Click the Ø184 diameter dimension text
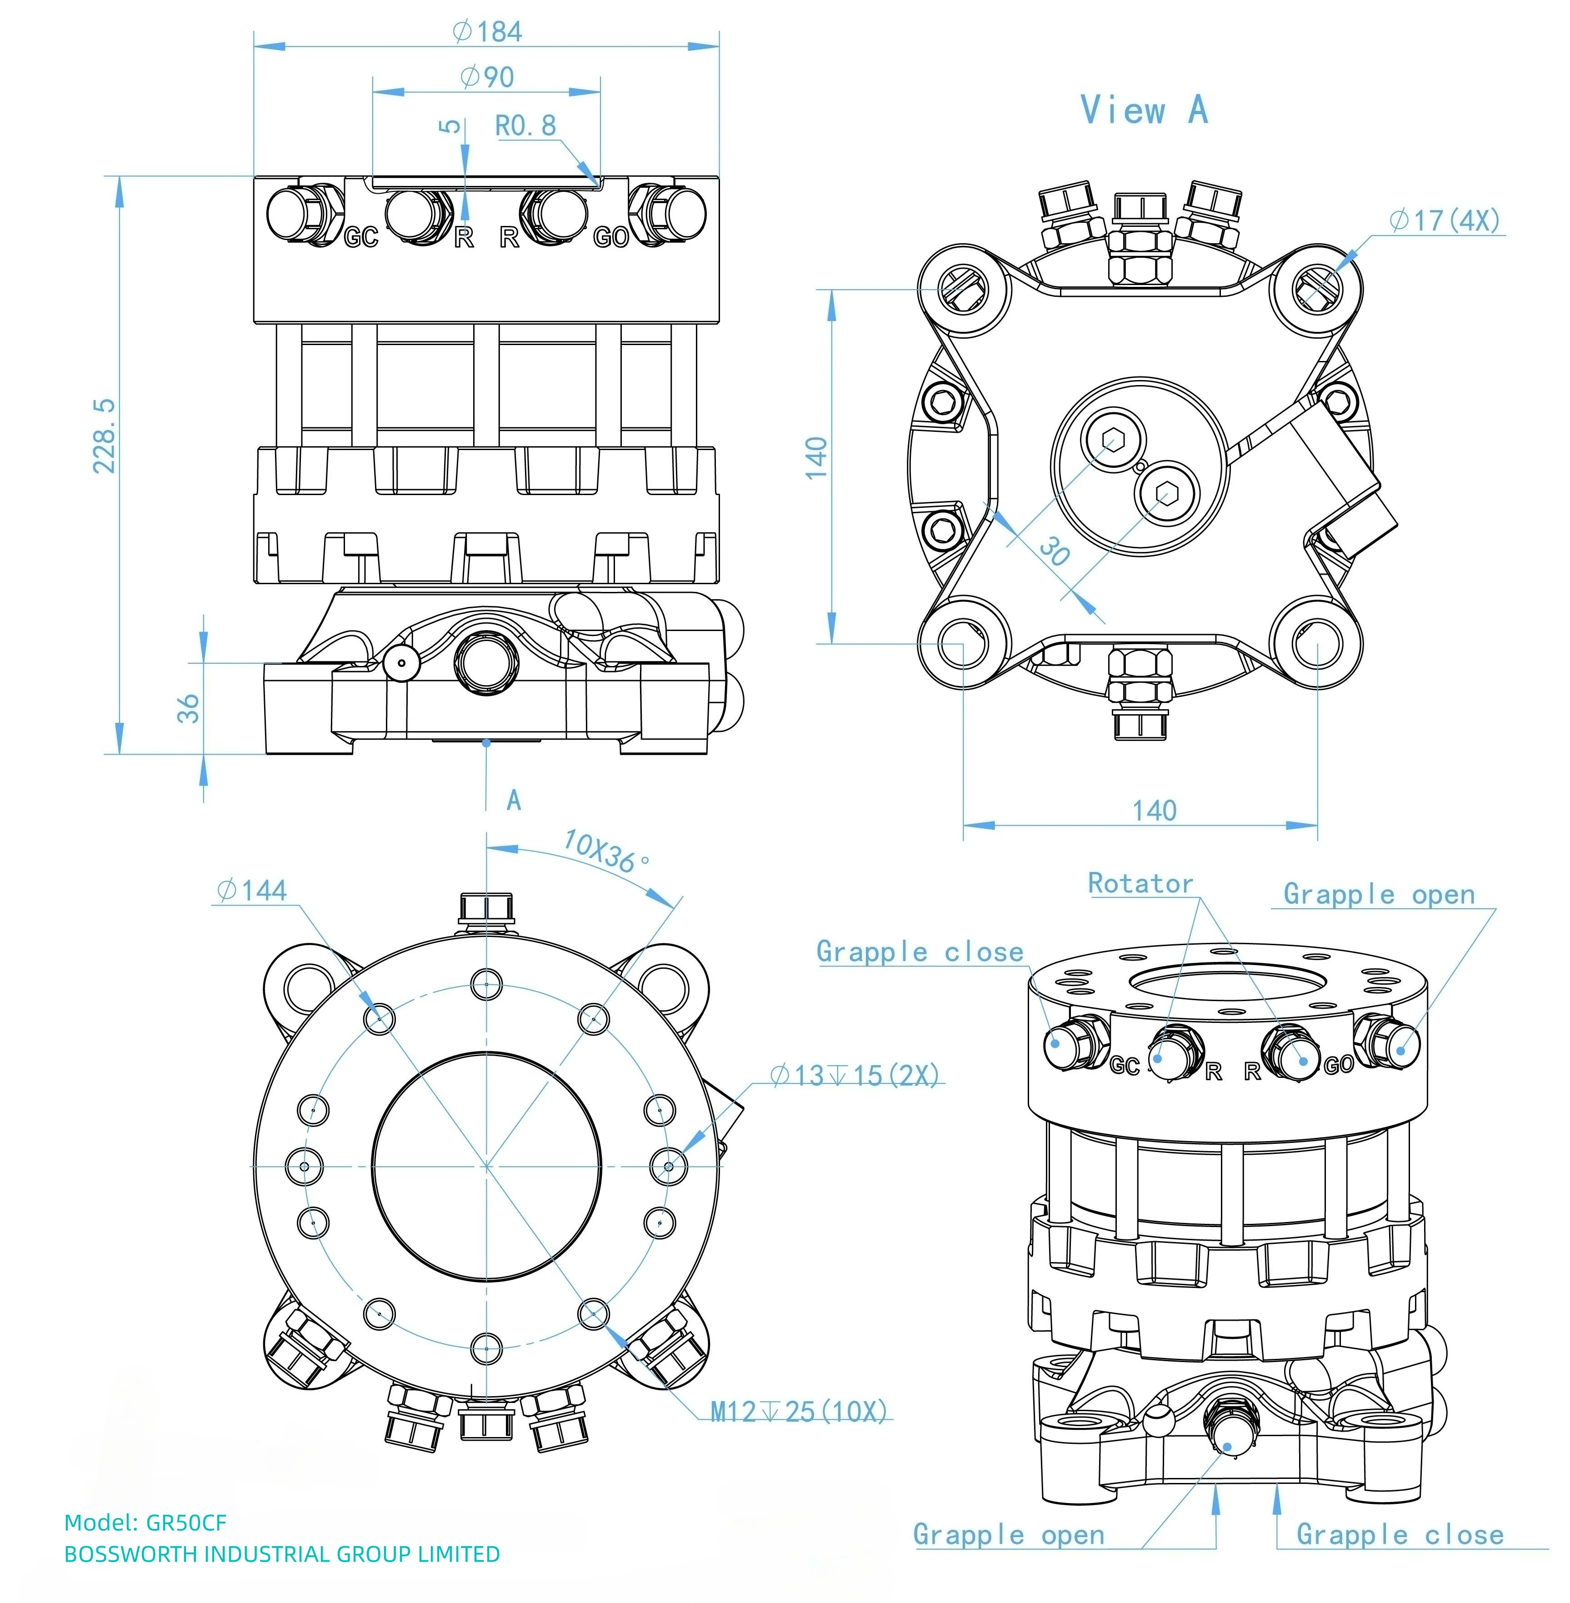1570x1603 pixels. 487,31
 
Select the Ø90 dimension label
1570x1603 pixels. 487,77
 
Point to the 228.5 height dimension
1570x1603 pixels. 105,436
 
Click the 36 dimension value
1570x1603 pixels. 189,707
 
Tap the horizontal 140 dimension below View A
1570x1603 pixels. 1155,811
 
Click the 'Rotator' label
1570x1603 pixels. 1140,883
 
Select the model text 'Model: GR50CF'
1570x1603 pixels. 145,1522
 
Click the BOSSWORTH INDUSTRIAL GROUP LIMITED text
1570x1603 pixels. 282,1554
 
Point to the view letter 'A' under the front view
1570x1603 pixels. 514,800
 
